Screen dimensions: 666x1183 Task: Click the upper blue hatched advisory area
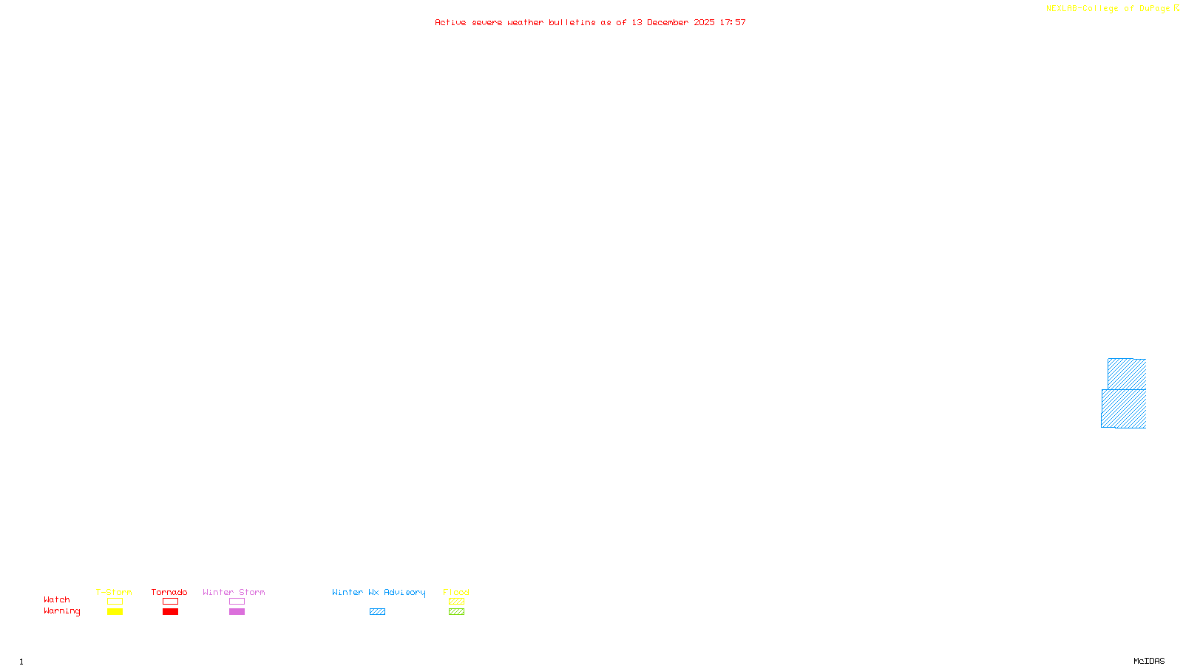[1127, 374]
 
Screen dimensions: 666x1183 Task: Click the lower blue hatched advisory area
[1124, 408]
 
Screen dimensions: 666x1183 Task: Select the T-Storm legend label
[114, 592]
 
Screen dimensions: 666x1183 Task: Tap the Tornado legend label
[169, 592]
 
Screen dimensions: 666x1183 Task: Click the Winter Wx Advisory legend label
[379, 592]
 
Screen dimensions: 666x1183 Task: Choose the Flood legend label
[456, 592]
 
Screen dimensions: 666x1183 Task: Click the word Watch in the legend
[57, 599]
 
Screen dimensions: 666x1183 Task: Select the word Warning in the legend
[62, 611]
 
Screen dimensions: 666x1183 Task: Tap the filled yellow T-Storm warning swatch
[115, 612]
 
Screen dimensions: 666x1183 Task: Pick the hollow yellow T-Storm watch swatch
[115, 602]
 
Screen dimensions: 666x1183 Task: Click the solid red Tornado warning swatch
[170, 612]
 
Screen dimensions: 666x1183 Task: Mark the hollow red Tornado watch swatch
[170, 602]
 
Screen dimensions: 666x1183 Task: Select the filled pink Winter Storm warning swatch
[237, 612]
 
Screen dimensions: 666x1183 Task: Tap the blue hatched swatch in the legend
[377, 612]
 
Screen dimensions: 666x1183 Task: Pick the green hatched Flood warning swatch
[456, 612]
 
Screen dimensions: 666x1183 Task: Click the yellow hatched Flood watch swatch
[456, 602]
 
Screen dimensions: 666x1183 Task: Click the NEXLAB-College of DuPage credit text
[1108, 9]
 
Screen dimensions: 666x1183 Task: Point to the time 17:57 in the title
[733, 23]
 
